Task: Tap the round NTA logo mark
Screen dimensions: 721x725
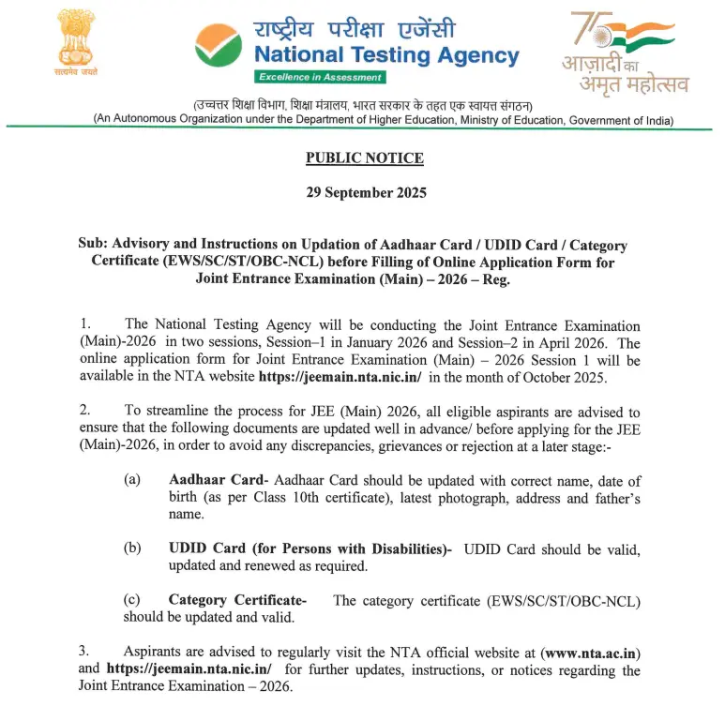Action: coord(218,46)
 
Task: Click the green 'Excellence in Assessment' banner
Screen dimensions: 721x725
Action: coord(320,77)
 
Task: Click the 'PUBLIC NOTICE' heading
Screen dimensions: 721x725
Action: coord(365,158)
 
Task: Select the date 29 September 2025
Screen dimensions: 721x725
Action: coord(366,192)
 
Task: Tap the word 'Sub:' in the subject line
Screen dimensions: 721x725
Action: coord(94,245)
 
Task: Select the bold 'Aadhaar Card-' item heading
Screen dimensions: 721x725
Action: coord(219,480)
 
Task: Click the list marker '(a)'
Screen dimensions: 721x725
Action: coord(132,480)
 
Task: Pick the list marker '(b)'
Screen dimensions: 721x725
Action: coord(132,549)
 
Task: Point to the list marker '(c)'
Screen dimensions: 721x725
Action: coord(132,600)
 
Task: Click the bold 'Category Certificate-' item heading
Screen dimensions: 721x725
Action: coord(237,600)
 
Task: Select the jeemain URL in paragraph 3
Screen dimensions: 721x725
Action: coord(189,669)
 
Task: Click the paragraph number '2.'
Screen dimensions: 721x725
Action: coord(84,412)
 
